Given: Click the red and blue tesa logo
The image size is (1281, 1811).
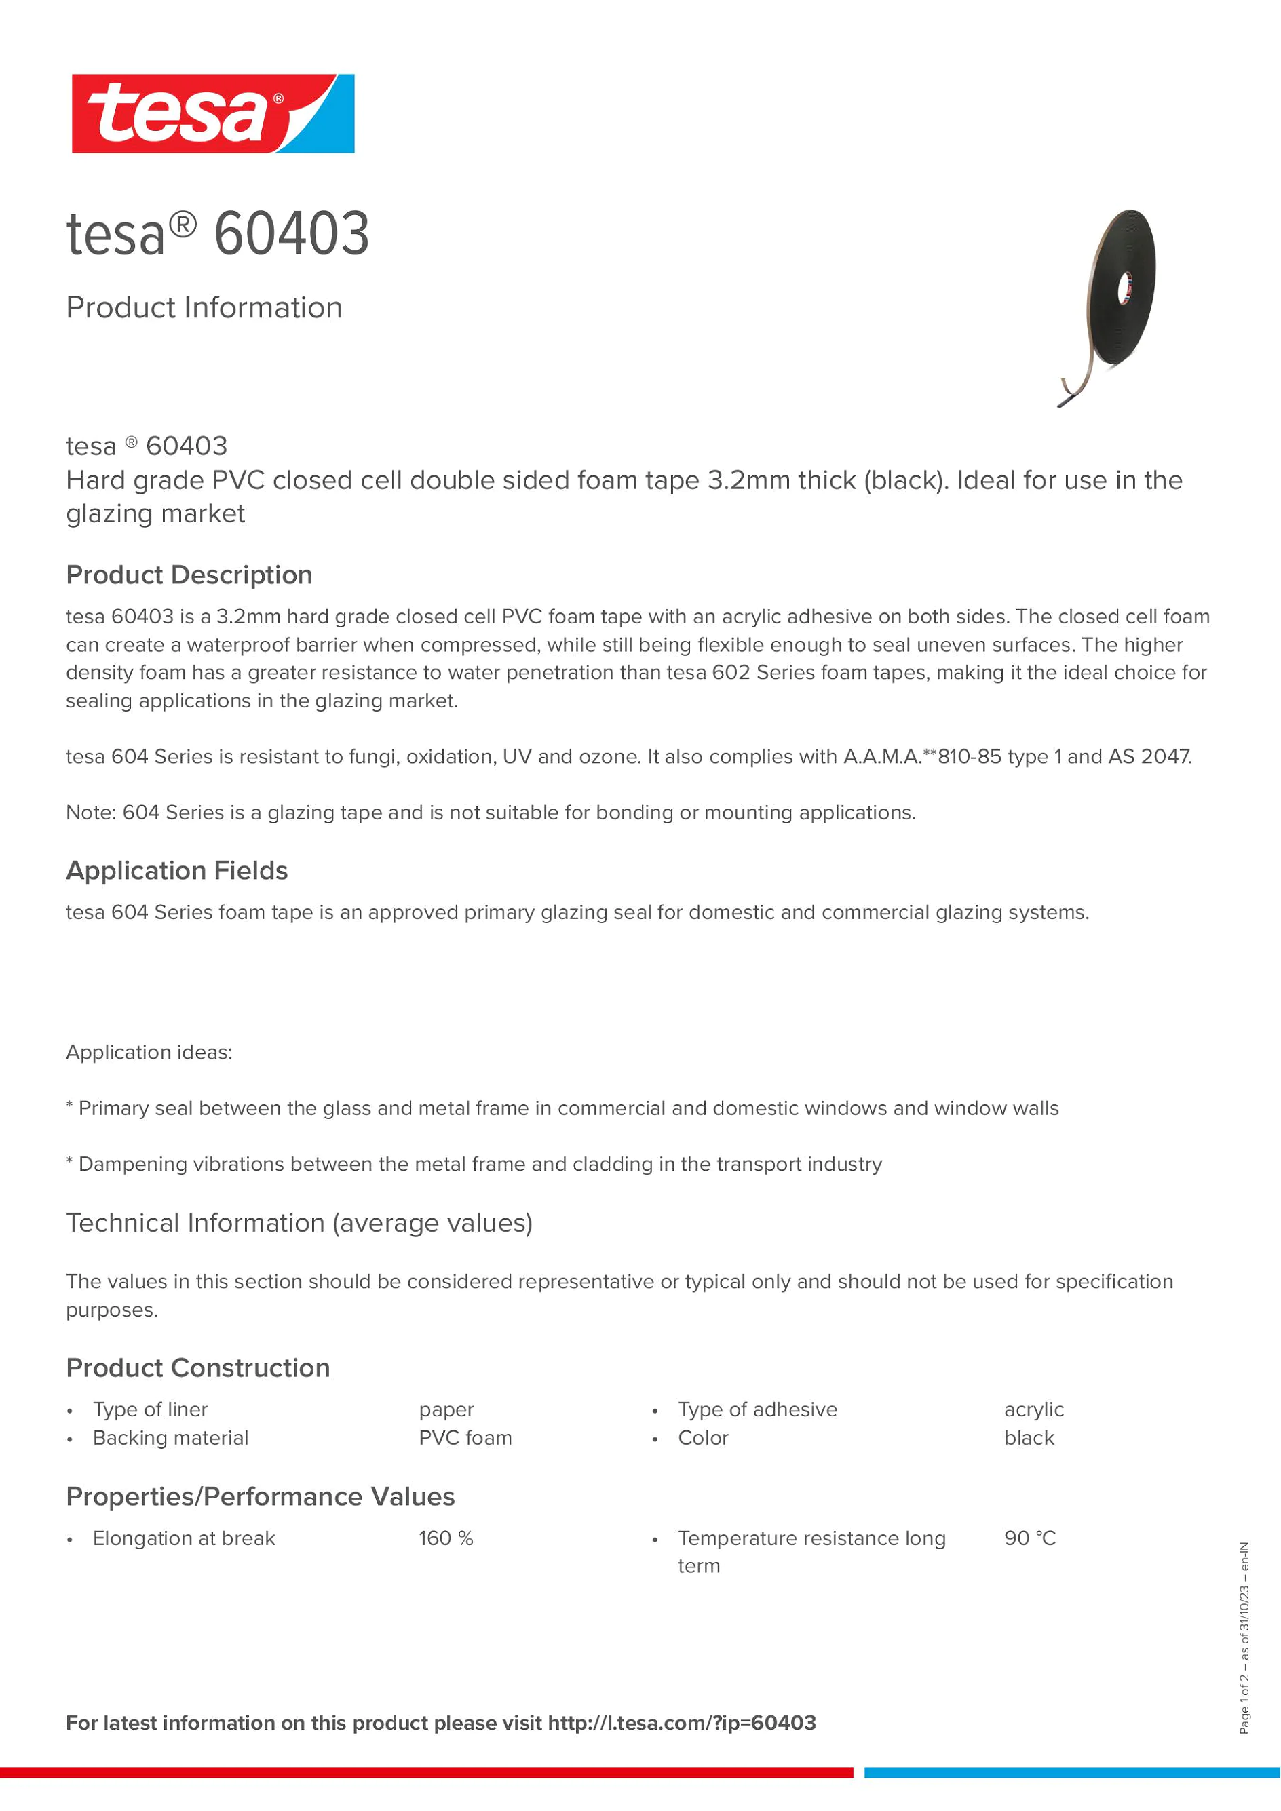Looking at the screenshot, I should point(213,113).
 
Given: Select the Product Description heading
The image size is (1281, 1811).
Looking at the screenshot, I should point(189,575).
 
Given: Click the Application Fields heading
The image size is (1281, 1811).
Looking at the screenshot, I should point(176,871).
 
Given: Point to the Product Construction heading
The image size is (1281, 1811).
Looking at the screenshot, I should point(198,1367).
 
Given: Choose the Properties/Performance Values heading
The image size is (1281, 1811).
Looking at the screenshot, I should point(261,1496).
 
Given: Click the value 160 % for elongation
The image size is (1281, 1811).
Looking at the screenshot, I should point(446,1538).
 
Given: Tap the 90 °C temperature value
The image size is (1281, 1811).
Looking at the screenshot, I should point(1029,1538).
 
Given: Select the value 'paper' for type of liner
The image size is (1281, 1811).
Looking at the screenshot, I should point(446,1409).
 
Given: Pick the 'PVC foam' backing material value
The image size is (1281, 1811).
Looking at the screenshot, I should point(465,1438).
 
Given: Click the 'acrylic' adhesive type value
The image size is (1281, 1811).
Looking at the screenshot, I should point(1033,1409).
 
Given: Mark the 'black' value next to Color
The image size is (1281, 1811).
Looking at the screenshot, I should point(1029,1438).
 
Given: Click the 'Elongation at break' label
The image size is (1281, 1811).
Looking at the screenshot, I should point(184,1538).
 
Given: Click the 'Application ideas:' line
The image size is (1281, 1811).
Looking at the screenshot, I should point(149,1052).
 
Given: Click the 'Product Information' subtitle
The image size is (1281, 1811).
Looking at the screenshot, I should point(204,308).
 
